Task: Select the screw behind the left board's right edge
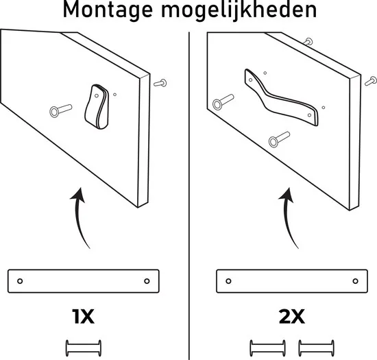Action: click(162, 83)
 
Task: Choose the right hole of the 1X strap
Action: click(147, 280)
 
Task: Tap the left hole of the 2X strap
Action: click(230, 280)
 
